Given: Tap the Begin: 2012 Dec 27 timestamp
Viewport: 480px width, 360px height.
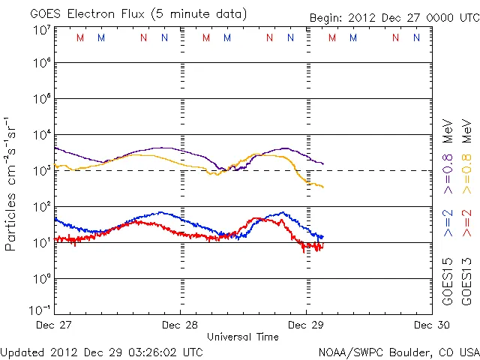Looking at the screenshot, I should (394, 17).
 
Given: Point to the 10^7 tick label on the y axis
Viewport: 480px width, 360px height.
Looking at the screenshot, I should (42, 30).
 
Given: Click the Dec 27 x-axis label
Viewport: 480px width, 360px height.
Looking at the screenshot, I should (54, 325).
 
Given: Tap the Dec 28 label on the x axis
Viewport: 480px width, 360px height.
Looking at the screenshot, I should (180, 325).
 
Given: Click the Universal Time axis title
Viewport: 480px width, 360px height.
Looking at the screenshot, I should (243, 337).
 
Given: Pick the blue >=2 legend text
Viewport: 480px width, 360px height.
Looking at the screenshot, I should (448, 223).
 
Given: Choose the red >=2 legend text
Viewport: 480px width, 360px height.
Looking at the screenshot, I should (466, 223).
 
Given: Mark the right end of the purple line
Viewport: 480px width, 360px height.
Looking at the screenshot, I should (323, 163).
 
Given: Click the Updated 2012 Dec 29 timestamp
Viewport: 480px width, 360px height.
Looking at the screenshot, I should (101, 351).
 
